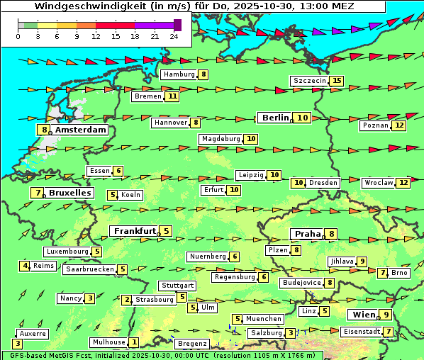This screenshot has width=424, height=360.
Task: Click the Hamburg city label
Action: [x=179, y=74]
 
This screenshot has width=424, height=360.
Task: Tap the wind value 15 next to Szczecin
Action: [x=336, y=81]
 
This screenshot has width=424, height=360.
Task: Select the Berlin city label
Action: [x=274, y=118]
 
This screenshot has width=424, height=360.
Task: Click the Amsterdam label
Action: [x=80, y=130]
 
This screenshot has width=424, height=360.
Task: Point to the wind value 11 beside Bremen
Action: [x=172, y=96]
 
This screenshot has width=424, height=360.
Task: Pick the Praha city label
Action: [x=307, y=234]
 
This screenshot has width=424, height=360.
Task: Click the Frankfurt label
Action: [x=135, y=231]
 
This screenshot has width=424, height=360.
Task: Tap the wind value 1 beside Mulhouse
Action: [x=134, y=342]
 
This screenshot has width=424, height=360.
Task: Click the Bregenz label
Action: [x=191, y=344]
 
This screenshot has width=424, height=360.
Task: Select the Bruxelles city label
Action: [x=69, y=193]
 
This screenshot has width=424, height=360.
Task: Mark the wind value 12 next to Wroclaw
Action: [x=403, y=182]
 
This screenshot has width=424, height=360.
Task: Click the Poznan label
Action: [x=375, y=125]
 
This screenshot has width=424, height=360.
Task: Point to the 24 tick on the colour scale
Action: [x=174, y=36]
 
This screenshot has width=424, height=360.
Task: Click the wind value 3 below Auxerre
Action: [x=17, y=344]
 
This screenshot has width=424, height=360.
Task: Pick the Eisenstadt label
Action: [x=361, y=332]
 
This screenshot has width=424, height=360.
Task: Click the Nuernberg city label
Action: [x=208, y=257]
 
